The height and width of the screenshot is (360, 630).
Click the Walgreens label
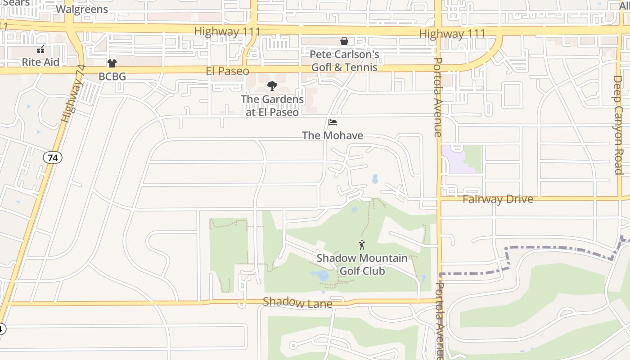[x=82, y=9]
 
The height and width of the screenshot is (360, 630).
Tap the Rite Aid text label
[x=40, y=62]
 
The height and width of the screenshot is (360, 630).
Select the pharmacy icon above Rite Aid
[x=40, y=49]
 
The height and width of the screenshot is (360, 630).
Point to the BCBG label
[x=112, y=76]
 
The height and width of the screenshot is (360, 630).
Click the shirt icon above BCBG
[x=112, y=63]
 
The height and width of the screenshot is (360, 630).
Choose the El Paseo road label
[x=227, y=71]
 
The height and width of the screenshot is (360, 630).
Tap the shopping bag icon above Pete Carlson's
[x=344, y=41]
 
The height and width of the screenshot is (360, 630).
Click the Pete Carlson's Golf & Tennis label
[x=345, y=61]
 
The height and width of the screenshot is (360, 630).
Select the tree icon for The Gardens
[x=272, y=86]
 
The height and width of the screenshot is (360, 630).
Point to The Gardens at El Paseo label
[x=272, y=106]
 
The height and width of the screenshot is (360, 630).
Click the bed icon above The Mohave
[x=333, y=122]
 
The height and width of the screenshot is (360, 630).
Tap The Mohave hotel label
[x=333, y=135]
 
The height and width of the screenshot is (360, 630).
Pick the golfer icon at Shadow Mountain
[x=362, y=245]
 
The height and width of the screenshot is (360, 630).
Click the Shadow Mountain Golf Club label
[x=362, y=265]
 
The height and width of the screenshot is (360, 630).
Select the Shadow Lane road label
[x=297, y=302]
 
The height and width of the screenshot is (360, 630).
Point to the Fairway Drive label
[x=498, y=199]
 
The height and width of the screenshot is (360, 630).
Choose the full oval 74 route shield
[x=53, y=157]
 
